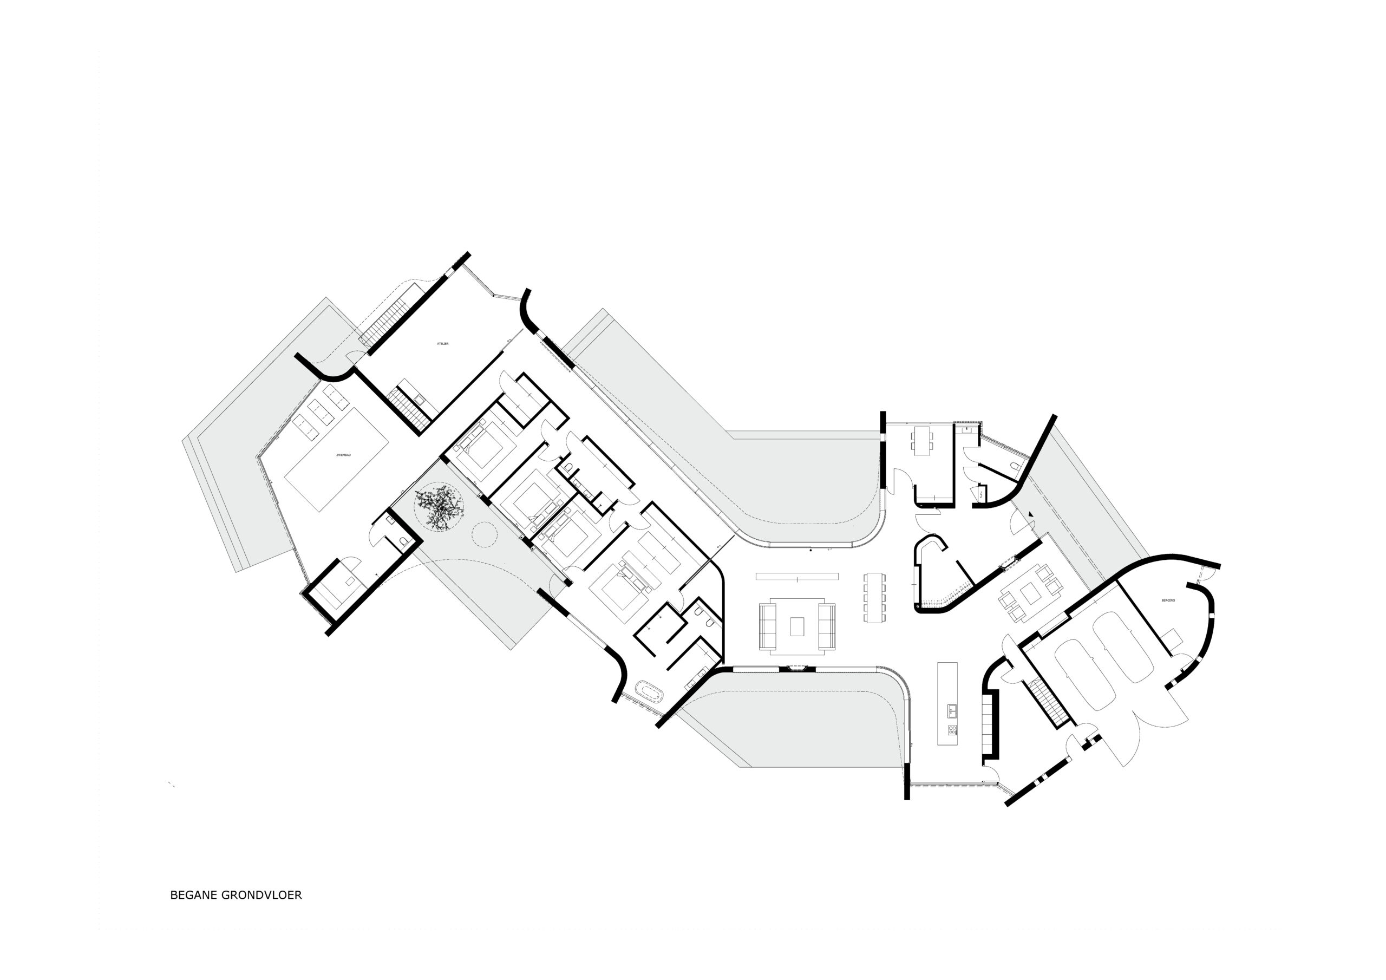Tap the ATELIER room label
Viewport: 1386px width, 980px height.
pyautogui.click(x=442, y=344)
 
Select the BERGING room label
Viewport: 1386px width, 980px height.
pyautogui.click(x=1167, y=601)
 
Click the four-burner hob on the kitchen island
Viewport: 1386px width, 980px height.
pyautogui.click(x=952, y=730)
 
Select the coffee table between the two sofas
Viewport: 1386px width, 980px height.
pyautogui.click(x=797, y=626)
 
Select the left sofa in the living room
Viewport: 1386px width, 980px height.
pyautogui.click(x=768, y=626)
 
